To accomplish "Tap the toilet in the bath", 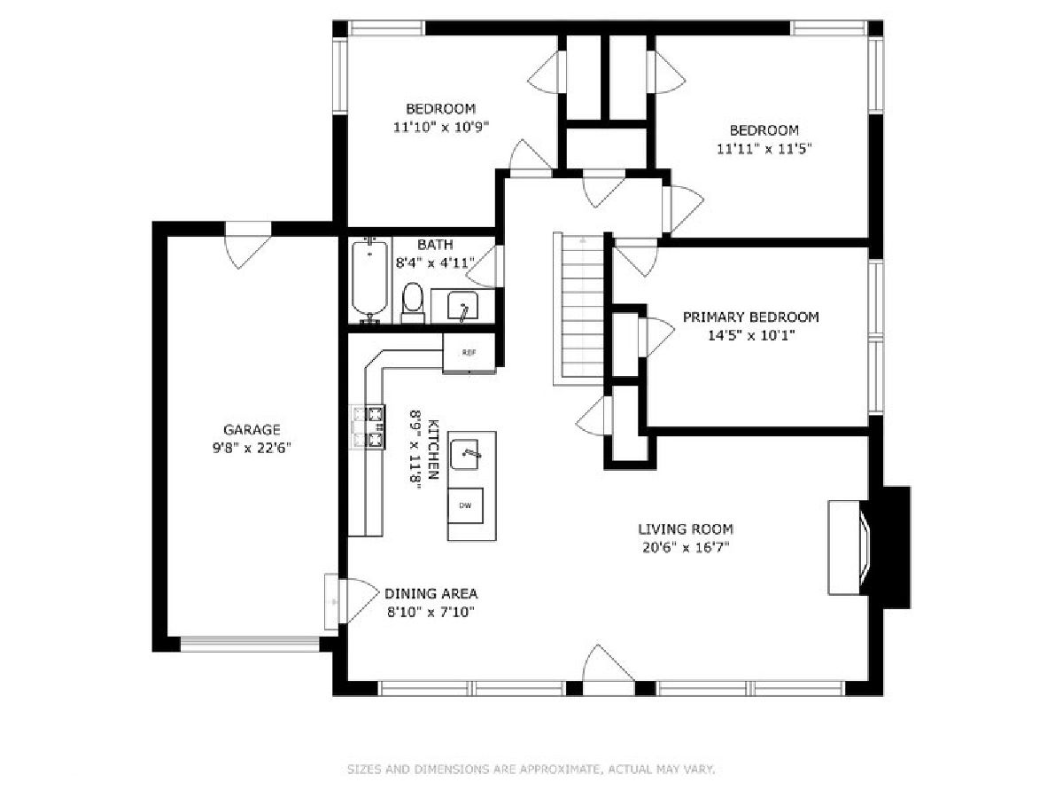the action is point(413,303).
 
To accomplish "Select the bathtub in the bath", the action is point(369,280).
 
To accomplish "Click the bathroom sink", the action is point(462,305).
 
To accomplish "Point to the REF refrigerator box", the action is point(469,353).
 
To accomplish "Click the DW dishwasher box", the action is point(465,505).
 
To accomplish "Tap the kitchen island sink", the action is point(464,455).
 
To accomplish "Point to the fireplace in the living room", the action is point(867,547).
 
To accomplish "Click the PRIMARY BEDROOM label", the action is point(750,317).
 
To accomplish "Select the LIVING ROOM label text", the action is point(686,528).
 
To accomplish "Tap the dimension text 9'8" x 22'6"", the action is point(252,448).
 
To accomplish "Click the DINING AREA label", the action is point(431,593).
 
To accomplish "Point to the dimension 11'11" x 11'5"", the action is point(764,149).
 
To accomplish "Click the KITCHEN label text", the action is point(433,450).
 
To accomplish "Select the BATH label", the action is point(435,245).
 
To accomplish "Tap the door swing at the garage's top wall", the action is point(248,246).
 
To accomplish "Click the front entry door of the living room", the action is point(609,664).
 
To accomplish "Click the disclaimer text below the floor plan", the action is point(531,769).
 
